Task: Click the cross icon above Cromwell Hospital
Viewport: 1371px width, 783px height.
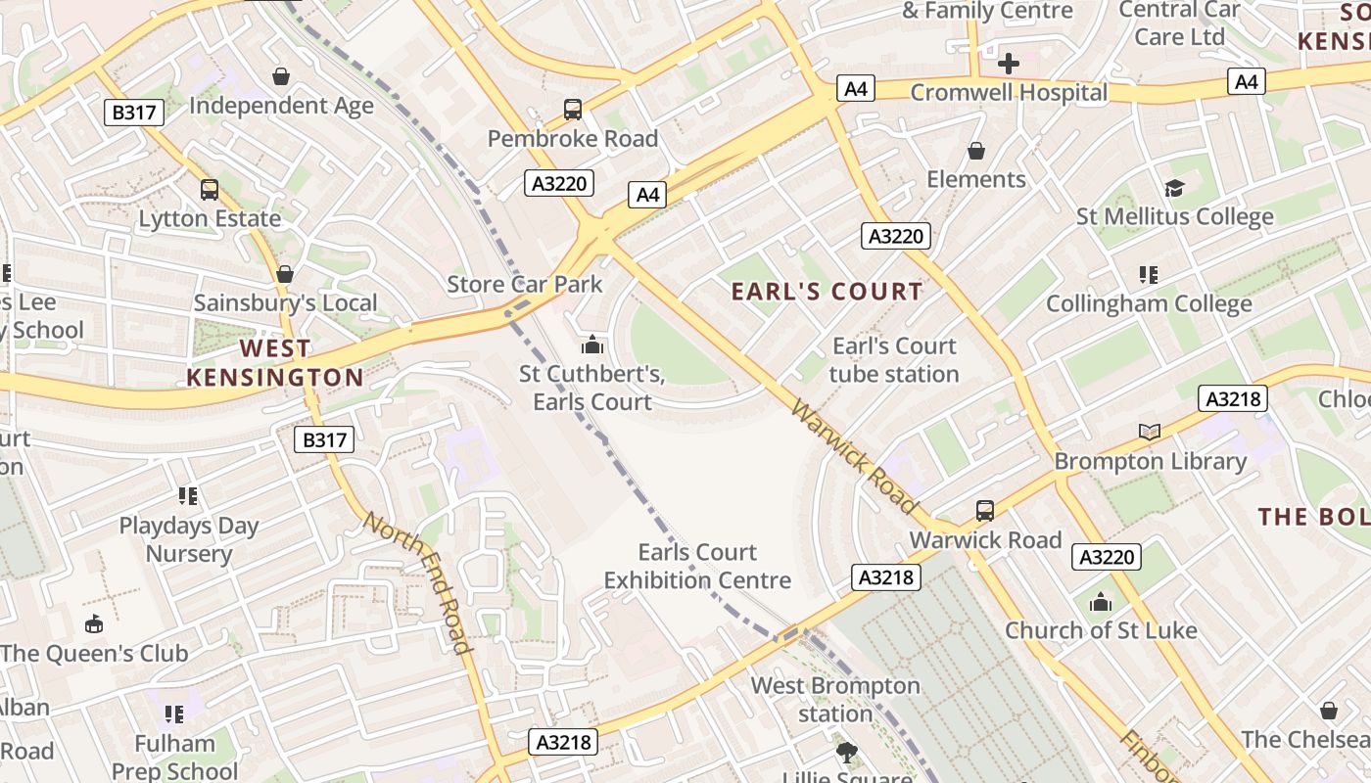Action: [x=1008, y=65]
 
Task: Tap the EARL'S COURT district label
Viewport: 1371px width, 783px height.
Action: [x=827, y=292]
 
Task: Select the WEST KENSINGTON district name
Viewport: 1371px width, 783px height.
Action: [x=275, y=363]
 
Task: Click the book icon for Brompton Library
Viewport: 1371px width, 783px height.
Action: [x=1150, y=432]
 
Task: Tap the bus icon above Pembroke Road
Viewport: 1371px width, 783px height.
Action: [x=573, y=110]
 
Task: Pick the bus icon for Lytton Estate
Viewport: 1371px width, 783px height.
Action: [x=210, y=190]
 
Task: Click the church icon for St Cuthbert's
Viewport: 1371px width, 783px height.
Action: [x=591, y=345]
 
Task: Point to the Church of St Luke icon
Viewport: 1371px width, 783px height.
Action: [x=1101, y=602]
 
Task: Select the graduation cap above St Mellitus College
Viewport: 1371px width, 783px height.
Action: [x=1174, y=188]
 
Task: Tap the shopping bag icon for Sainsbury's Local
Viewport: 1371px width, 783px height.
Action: [x=285, y=274]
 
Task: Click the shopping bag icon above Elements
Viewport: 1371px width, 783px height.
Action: [x=976, y=151]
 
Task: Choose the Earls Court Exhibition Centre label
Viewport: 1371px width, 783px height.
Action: [x=697, y=567]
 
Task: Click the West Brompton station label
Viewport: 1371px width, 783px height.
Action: [x=835, y=700]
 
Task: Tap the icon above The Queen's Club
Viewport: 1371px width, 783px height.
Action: [x=94, y=623]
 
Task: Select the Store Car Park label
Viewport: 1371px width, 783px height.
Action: [x=525, y=285]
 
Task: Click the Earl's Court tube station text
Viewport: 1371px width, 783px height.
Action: [x=894, y=360]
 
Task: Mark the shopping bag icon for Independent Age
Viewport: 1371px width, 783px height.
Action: [x=281, y=76]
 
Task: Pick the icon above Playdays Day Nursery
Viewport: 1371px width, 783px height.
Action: [x=188, y=496]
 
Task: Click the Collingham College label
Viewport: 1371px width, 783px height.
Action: [x=1149, y=303]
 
